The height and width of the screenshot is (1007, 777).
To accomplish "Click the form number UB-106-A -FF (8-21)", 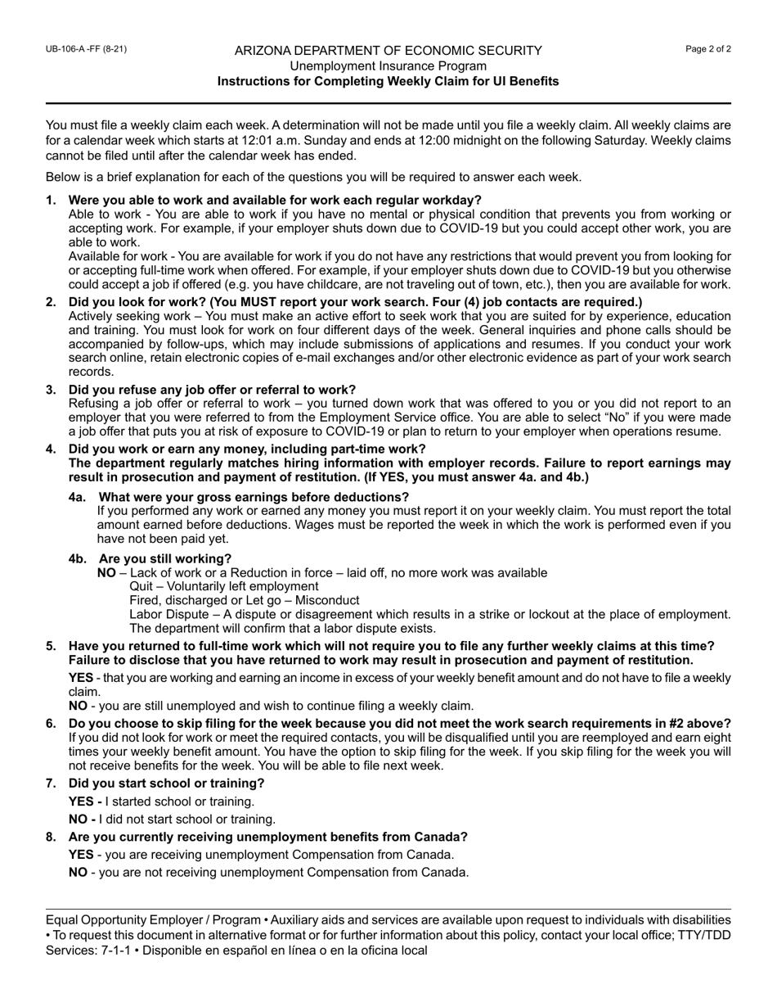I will click(86, 49).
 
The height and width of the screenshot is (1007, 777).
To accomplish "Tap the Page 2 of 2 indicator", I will click(708, 49).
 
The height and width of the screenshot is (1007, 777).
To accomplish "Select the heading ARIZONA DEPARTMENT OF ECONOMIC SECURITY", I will click(388, 51).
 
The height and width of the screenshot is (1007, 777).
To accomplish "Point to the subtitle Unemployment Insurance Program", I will click(388, 66).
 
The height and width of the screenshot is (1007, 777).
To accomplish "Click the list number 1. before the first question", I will click(52, 200).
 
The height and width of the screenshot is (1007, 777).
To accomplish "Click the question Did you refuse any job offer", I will click(212, 389).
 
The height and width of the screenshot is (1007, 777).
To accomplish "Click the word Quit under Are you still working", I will click(142, 586).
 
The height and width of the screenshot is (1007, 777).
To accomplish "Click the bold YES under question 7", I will click(80, 802).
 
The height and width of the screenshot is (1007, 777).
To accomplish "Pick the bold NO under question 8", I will click(78, 872).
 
